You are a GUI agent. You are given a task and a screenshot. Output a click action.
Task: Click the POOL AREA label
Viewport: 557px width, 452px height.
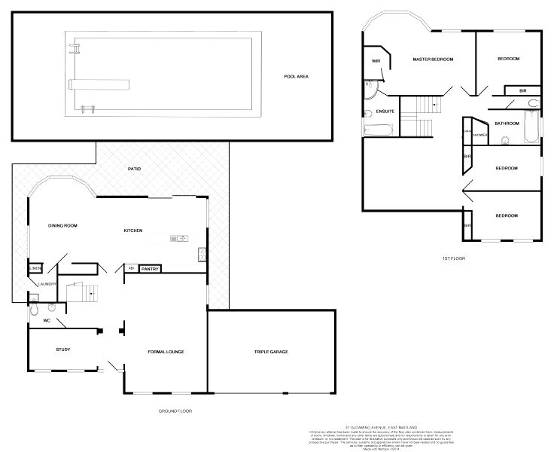(x=297, y=76)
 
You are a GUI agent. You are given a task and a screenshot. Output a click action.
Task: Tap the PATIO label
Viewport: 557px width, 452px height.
(x=134, y=169)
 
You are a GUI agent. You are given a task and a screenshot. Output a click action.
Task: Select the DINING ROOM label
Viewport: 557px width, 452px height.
(x=62, y=225)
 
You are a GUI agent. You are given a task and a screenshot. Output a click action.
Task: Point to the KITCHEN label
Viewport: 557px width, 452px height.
(x=134, y=230)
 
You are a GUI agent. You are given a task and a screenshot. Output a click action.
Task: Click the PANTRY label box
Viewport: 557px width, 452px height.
(x=151, y=267)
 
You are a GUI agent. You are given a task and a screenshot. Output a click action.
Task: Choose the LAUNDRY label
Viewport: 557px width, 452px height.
(x=38, y=284)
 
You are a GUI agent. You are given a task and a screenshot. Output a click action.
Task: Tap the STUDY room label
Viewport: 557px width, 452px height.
(x=63, y=350)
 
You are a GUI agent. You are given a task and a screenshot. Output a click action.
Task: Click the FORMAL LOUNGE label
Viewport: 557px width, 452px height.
(x=166, y=352)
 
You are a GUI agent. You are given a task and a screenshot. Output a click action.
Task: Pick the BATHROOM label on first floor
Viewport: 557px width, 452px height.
(x=507, y=123)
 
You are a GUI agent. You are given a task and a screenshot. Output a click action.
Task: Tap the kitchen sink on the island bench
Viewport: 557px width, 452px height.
(x=178, y=239)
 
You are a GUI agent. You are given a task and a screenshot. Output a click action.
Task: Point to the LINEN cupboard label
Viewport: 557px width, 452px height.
(x=35, y=268)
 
